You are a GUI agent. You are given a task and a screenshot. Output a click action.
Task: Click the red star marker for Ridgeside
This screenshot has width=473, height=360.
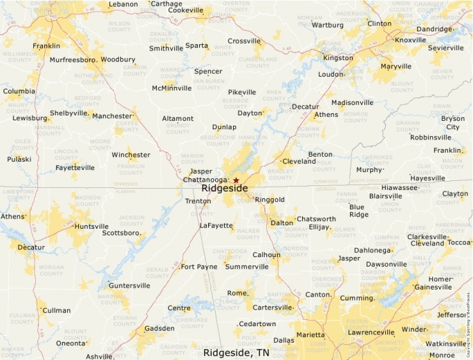coord(236,180)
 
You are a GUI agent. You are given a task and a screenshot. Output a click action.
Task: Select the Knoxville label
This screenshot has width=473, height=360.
coord(411,40)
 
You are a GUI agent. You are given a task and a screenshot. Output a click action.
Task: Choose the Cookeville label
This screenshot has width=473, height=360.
coord(185,10)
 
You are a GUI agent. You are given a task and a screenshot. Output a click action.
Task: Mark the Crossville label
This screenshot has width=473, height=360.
coord(243,41)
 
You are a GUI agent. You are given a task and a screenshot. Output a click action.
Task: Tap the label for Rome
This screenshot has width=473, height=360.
coord(236,293)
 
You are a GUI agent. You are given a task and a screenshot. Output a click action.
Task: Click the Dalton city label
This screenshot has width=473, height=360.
coord(281,223)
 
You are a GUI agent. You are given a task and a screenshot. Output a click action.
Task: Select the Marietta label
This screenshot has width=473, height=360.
coord(315,335)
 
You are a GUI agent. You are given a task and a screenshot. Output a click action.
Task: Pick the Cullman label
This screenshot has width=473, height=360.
coord(57,310)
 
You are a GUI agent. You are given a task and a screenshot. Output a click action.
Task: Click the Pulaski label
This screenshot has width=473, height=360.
coord(19,159)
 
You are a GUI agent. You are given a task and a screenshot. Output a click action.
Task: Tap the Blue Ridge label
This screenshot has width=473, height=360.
coord(358,211)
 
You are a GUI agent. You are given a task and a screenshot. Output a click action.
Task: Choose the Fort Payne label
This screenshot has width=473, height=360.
coord(198,267)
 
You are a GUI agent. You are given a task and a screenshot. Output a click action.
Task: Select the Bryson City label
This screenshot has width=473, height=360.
coord(453,122)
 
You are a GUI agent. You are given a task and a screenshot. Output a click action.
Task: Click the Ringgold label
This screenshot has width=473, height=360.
coord(270,200)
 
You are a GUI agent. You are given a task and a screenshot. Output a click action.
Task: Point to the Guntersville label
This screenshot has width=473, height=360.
coord(129,285)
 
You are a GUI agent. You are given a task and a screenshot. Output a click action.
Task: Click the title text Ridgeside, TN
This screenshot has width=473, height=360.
coord(236,352)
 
